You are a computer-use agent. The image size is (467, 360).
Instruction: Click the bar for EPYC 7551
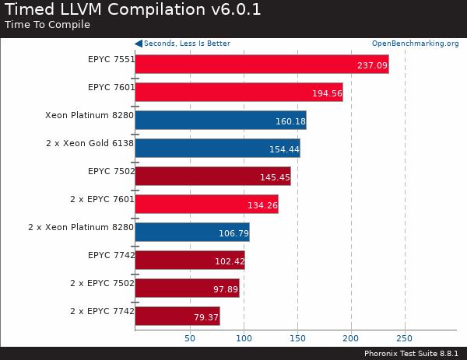262,65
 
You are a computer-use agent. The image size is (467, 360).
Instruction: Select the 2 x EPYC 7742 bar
177,316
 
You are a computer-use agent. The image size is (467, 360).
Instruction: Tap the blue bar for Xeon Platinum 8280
220,121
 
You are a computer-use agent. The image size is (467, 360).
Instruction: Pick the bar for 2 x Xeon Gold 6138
217,149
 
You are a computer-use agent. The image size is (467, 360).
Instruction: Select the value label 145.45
274,177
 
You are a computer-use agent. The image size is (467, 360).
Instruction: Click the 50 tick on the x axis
189,338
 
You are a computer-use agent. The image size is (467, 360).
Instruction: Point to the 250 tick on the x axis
405,338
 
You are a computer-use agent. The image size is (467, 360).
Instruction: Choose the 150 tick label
297,338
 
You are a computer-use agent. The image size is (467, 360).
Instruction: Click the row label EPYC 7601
111,87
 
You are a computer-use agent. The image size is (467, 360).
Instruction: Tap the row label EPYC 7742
111,255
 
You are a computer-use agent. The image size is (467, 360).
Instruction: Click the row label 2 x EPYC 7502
102,283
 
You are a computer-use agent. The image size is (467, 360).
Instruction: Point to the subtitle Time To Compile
47,24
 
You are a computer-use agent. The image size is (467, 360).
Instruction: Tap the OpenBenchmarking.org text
415,44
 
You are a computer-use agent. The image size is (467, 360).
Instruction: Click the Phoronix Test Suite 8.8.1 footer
413,353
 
